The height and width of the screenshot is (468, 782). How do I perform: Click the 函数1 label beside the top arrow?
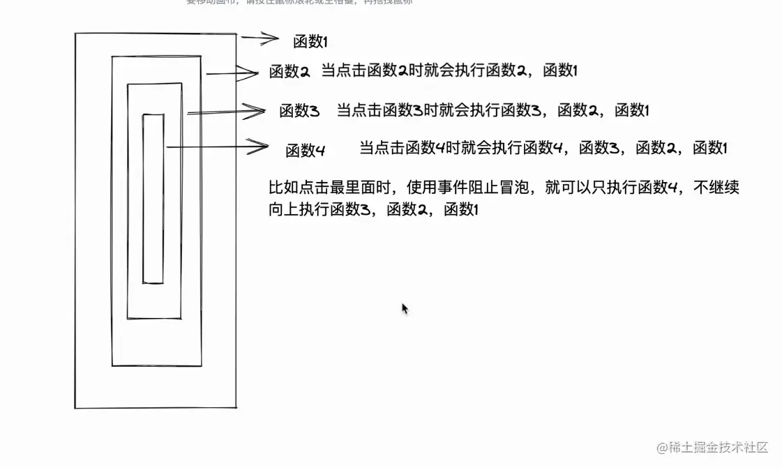310,42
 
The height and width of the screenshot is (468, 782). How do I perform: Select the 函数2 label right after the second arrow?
290,71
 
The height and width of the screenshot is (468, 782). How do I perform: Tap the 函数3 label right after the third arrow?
299,111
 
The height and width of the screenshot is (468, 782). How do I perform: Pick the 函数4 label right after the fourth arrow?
305,150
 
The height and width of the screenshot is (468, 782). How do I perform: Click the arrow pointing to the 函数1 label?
260,39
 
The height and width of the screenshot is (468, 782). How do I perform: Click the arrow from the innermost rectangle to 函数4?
216,146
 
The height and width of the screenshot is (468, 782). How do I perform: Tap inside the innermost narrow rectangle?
153,199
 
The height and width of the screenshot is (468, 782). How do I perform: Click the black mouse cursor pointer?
405,308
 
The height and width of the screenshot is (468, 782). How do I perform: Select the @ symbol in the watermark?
661,447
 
